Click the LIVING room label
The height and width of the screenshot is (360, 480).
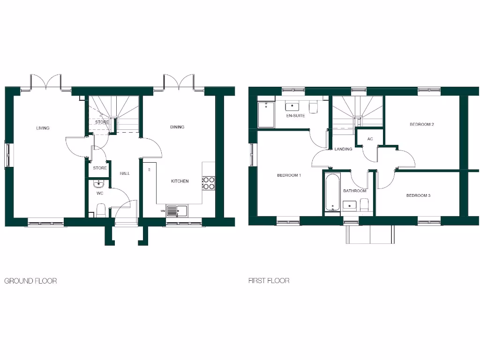[43, 128]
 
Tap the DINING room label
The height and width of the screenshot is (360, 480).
[177, 127]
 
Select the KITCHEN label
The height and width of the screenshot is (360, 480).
[180, 181]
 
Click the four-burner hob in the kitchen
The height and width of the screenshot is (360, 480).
[209, 183]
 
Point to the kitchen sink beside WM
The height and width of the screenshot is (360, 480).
[176, 211]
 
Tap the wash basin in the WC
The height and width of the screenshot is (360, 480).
[98, 184]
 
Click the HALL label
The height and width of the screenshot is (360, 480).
[125, 173]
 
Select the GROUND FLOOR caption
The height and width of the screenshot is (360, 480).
[30, 281]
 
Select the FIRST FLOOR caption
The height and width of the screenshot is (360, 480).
[269, 281]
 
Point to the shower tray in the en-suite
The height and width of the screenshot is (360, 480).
[266, 115]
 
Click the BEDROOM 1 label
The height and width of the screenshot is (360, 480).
[289, 175]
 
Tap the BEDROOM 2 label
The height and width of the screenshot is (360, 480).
[421, 124]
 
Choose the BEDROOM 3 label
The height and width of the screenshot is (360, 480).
[418, 195]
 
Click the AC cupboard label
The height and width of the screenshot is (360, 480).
[370, 139]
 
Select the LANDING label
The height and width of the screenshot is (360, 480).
[343, 150]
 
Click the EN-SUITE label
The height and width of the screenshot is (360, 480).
[295, 115]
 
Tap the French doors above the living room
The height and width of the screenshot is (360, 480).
[45, 81]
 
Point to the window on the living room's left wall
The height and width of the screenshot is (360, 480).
[7, 155]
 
